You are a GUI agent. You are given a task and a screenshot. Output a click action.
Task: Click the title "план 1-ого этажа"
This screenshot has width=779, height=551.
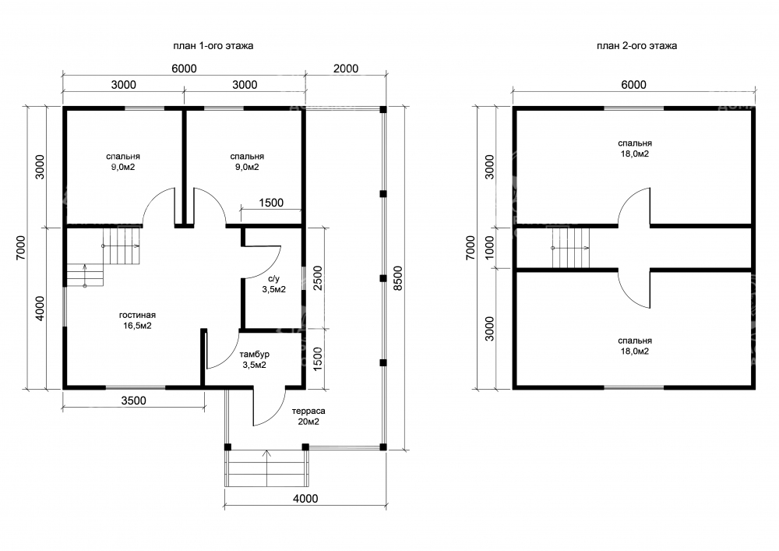coord(213,46)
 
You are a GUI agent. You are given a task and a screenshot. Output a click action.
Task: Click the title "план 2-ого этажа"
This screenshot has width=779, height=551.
coord(637,46)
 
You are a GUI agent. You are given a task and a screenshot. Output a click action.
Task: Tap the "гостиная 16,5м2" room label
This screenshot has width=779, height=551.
coord(137,320)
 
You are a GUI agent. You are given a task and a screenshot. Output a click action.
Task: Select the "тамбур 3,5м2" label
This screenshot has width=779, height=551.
coord(255,360)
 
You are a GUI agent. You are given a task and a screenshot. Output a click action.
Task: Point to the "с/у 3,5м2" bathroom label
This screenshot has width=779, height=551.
coord(273,284)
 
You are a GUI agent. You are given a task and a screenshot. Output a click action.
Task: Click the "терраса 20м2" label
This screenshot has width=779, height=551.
coord(308,416)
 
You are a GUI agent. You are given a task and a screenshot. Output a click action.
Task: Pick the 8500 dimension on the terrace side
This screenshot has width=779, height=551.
coord(397,279)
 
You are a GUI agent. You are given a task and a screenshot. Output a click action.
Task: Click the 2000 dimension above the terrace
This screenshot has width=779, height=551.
coord(346,69)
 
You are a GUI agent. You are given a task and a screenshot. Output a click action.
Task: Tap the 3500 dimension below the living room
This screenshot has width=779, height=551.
coord(134,401)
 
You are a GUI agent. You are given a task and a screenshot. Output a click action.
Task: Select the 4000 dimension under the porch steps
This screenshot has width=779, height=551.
coord(305,498)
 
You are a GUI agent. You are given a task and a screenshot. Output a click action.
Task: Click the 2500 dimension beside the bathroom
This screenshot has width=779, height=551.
coord(318,278)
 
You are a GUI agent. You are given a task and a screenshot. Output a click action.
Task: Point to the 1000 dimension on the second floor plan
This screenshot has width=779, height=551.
coord(490,247)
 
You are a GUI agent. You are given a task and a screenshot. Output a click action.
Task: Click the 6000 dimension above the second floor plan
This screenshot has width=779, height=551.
coord(634,84)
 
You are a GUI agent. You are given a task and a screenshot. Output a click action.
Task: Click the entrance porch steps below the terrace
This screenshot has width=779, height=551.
coord(266,468)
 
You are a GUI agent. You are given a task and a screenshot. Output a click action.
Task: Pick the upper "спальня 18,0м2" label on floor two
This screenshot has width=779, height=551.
coord(635,149)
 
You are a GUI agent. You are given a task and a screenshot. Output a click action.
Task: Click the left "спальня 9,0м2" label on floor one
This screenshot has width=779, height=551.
coord(123,162)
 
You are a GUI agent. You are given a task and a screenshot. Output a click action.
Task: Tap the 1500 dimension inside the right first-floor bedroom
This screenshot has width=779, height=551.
coord(271,203)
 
